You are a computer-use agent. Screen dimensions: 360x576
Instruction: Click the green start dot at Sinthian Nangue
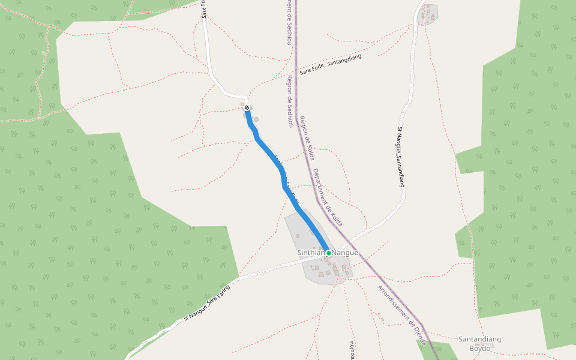(329, 253)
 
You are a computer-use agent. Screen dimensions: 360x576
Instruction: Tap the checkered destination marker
(247, 108)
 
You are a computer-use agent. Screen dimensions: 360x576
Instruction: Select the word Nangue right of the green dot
(346, 253)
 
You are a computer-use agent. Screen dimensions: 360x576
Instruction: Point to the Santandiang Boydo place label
(479, 344)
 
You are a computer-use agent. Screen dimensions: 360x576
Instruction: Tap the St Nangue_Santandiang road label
(401, 157)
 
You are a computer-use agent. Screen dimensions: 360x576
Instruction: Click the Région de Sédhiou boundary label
(290, 101)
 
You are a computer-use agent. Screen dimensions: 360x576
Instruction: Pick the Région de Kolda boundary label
(307, 139)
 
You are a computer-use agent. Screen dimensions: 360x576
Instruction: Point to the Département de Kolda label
(328, 197)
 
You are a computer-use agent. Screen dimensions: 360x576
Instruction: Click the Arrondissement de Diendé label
(401, 314)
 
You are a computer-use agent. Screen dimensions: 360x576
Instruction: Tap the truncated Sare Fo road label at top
(204, 9)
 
